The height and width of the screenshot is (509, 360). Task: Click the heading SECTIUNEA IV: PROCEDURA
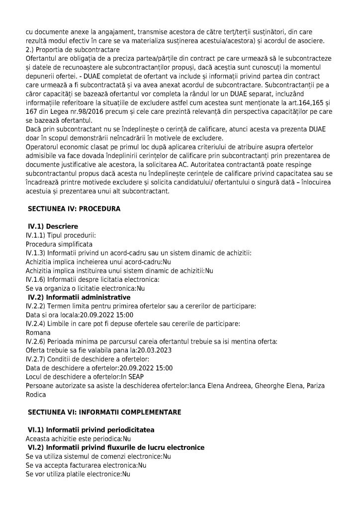(74, 209)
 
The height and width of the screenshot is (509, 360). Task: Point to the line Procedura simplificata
(59, 244)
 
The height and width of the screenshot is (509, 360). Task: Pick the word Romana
(38, 333)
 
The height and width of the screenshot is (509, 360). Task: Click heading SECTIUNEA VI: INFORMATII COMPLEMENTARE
(97, 412)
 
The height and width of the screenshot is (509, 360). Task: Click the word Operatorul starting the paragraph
(45, 147)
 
